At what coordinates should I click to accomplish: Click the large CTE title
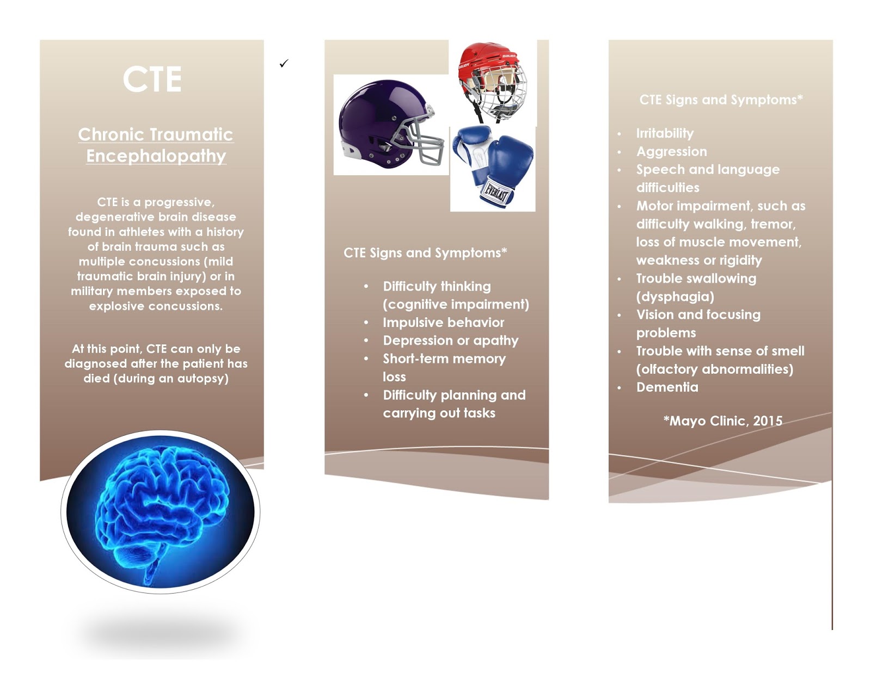[152, 79]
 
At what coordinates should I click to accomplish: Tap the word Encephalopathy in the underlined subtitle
[156, 156]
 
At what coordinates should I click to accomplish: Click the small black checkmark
[284, 64]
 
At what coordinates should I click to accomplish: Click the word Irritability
[665, 133]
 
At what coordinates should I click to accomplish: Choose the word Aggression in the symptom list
[672, 151]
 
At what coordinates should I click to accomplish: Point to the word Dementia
[667, 387]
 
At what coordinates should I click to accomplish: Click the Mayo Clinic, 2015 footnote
[723, 421]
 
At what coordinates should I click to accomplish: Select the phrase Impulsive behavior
[443, 322]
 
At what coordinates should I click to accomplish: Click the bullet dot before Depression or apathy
[366, 341]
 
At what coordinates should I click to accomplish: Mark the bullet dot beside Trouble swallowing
[619, 279]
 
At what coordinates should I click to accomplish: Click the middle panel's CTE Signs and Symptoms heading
[425, 252]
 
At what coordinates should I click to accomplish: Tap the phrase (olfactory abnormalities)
[714, 369]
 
